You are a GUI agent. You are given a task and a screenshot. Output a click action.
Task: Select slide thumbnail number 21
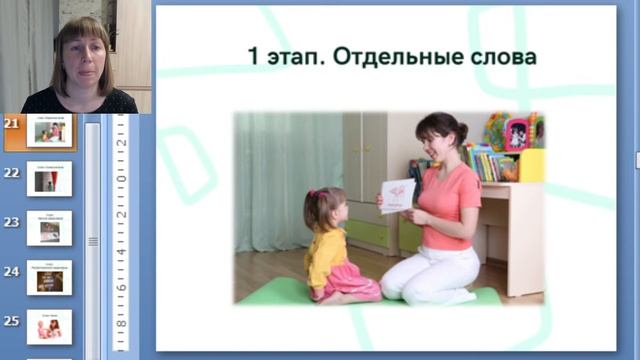49,131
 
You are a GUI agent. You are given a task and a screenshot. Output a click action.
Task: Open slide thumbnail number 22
49,179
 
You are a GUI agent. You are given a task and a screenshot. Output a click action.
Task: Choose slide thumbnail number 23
49,229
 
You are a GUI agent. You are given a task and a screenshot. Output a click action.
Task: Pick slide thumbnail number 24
49,279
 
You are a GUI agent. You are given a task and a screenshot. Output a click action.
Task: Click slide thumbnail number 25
49,327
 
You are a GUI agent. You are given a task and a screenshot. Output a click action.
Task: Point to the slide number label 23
12,223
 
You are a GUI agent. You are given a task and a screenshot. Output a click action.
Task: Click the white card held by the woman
398,195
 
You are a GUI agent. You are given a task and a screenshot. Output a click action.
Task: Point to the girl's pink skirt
350,282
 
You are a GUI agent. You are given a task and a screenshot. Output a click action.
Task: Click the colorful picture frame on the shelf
517,132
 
